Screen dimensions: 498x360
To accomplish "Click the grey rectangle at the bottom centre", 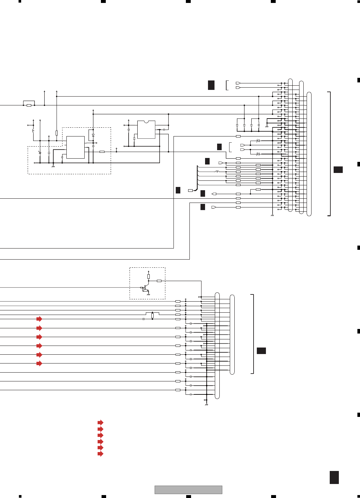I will (188, 490).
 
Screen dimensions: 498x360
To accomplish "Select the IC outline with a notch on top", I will (146, 130).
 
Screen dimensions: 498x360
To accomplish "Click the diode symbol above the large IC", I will (93, 135).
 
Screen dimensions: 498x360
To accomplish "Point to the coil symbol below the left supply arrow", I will (33, 131).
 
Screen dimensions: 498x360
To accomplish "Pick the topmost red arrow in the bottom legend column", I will (100, 422).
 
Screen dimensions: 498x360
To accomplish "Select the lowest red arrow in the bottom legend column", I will (100, 454).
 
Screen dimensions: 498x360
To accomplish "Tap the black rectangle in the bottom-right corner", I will (334, 477).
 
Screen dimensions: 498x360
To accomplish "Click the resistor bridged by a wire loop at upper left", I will (29, 105).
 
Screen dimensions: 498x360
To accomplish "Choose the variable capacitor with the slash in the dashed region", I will (40, 152).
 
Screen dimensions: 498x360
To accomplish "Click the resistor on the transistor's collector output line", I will (159, 281).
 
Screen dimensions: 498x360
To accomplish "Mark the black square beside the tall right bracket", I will (338, 169).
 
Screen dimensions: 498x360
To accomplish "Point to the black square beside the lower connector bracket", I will (261, 350).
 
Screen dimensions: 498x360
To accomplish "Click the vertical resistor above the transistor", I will (148, 277).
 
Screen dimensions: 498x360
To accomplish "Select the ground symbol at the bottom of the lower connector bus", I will (206, 405).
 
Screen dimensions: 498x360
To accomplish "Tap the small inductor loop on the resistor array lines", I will (217, 171).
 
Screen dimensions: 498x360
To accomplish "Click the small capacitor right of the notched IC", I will (164, 130).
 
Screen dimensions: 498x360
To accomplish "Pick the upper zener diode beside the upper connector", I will (258, 141).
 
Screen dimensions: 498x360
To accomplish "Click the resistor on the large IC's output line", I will (102, 152).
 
